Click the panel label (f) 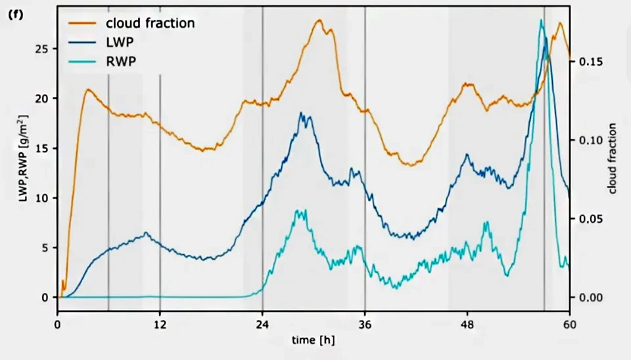(x=16, y=15)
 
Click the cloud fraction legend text (x=150, y=23)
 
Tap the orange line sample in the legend (x=82, y=24)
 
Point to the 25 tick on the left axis (x=42, y=49)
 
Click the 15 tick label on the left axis (x=42, y=148)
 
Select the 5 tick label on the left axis (x=45, y=248)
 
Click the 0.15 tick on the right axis (x=591, y=62)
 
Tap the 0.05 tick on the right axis (x=591, y=219)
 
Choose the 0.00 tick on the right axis (x=591, y=298)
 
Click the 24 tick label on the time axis (x=262, y=325)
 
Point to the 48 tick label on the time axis (x=467, y=325)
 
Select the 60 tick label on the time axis (x=569, y=325)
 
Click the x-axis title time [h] (x=313, y=340)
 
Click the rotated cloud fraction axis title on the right (x=612, y=158)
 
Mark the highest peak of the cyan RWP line (x=541, y=20)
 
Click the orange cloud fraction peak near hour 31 (x=319, y=20)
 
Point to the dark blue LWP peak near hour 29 (x=301, y=113)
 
